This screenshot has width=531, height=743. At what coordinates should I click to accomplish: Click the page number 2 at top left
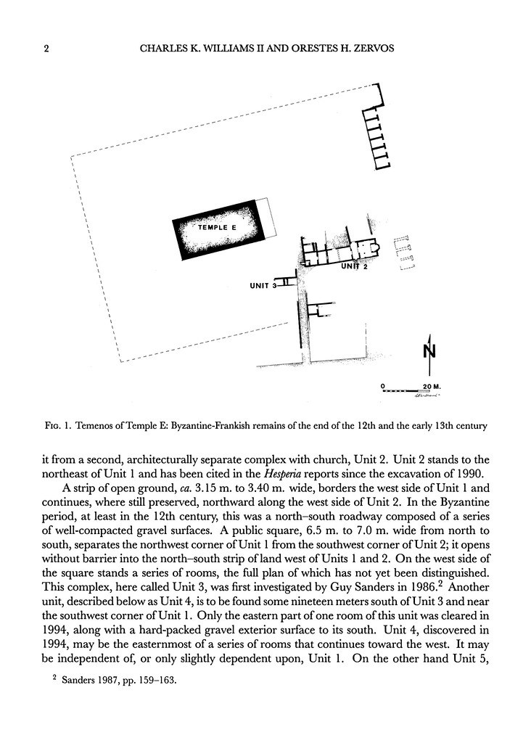(x=46, y=49)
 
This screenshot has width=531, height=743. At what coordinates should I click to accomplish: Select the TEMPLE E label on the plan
(x=218, y=228)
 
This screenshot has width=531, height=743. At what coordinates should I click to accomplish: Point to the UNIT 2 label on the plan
(x=355, y=267)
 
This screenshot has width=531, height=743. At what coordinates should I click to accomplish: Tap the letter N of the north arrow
(x=429, y=353)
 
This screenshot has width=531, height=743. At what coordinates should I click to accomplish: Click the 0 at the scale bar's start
(x=383, y=385)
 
